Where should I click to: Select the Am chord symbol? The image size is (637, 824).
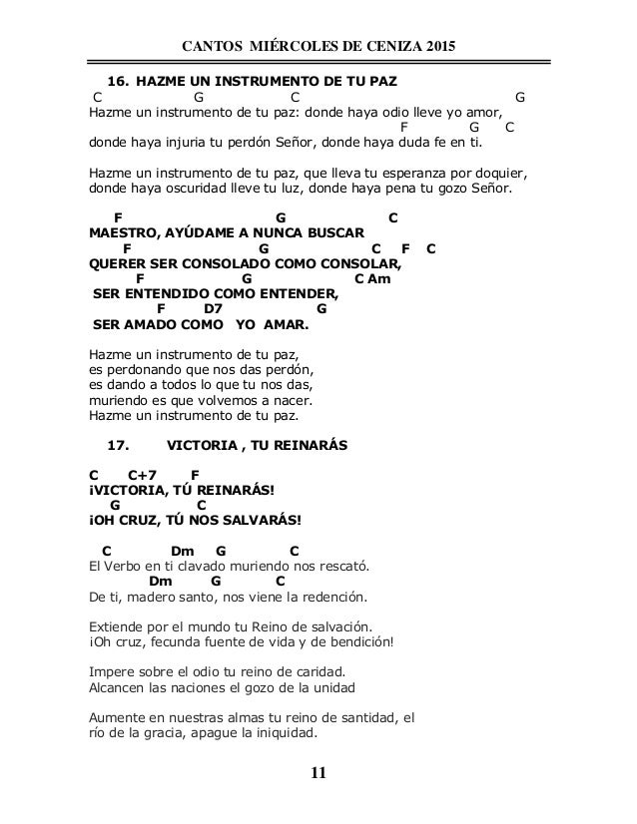377,279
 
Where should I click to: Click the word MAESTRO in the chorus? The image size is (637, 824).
121,232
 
